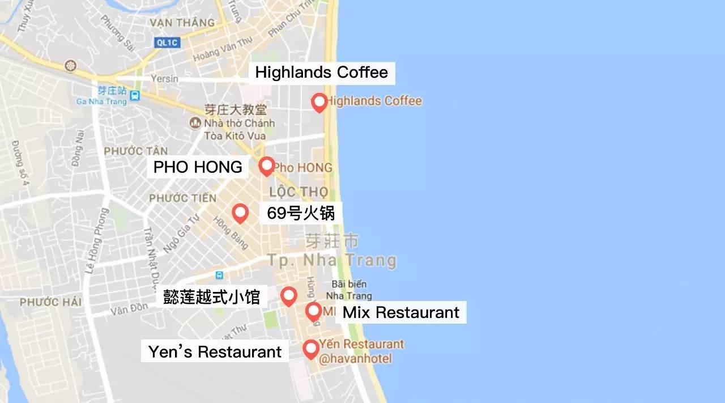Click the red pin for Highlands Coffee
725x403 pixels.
(319, 102)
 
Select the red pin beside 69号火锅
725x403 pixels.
(240, 213)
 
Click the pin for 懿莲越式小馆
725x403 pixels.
(289, 295)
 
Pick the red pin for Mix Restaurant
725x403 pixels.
(313, 311)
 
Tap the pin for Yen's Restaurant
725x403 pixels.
(310, 349)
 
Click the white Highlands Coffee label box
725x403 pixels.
(322, 73)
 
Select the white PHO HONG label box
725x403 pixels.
(198, 167)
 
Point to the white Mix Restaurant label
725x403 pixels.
(401, 312)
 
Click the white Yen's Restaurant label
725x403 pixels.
(215, 351)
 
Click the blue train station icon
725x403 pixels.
(134, 95)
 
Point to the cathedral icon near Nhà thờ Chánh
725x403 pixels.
(195, 122)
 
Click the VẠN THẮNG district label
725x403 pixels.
(182, 23)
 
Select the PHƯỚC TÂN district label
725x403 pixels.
(136, 151)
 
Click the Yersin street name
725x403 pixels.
(165, 79)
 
